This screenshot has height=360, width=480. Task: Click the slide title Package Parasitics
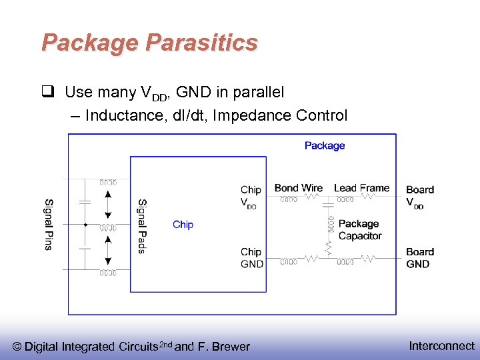149,43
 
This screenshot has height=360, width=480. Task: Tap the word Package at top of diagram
325,145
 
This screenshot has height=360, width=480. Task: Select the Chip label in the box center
183,225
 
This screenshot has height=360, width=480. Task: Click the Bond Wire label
298,188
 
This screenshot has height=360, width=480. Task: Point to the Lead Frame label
361,188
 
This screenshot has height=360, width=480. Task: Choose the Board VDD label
419,197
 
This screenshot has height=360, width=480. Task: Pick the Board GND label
419,258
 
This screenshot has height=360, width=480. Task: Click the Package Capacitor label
359,230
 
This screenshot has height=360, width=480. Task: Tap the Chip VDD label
251,197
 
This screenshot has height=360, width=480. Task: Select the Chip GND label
251,258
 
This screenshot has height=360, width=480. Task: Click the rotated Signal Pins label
49,225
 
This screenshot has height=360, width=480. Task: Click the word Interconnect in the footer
441,346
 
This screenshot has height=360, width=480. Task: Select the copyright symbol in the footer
18,347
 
